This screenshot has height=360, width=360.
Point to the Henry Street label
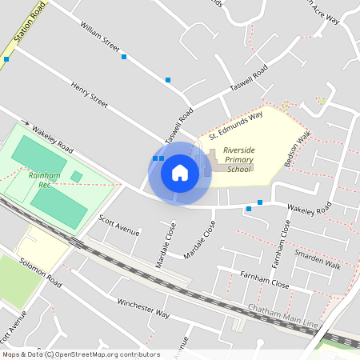[88, 94]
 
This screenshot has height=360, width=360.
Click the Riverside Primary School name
[238, 159]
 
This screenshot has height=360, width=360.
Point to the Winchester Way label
[143, 308]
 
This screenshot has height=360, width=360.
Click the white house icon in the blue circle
[180, 172]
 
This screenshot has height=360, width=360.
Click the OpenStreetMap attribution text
[81, 354]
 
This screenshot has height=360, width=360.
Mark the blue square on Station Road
[6, 59]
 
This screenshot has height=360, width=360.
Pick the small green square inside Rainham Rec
[76, 176]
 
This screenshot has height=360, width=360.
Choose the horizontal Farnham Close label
[265, 279]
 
